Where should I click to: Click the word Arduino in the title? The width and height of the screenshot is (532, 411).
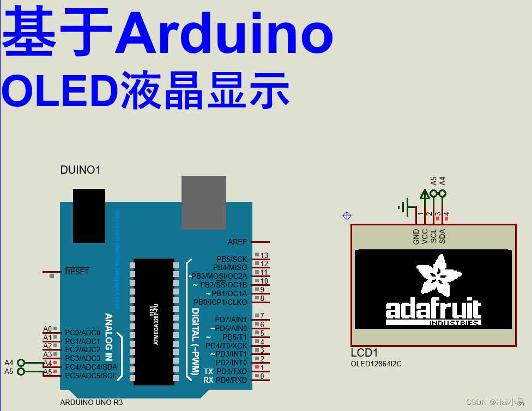pyautogui.click(x=223, y=34)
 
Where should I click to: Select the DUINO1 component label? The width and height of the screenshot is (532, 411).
pyautogui.click(x=80, y=170)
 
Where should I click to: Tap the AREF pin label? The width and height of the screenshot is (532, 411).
pyautogui.click(x=237, y=242)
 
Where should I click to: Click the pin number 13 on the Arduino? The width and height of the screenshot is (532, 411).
pyautogui.click(x=264, y=255)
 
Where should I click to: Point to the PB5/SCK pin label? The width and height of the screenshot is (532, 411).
pyautogui.click(x=232, y=259)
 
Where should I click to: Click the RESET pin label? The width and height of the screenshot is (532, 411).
pyautogui.click(x=77, y=272)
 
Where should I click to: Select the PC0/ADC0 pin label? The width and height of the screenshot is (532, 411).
pyautogui.click(x=82, y=333)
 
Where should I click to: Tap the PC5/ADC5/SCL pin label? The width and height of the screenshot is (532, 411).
pyautogui.click(x=90, y=376)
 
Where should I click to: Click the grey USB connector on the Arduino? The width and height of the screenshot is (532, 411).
pyautogui.click(x=203, y=202)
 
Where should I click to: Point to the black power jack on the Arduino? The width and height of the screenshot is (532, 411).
pyautogui.click(x=89, y=216)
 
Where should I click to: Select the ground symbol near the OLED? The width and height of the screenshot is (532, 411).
pyautogui.click(x=404, y=206)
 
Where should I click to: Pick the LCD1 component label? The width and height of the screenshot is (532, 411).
pyautogui.click(x=364, y=353)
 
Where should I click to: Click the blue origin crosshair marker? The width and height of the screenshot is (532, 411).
pyautogui.click(x=347, y=216)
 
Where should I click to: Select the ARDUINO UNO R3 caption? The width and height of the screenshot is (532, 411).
pyautogui.click(x=91, y=403)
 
